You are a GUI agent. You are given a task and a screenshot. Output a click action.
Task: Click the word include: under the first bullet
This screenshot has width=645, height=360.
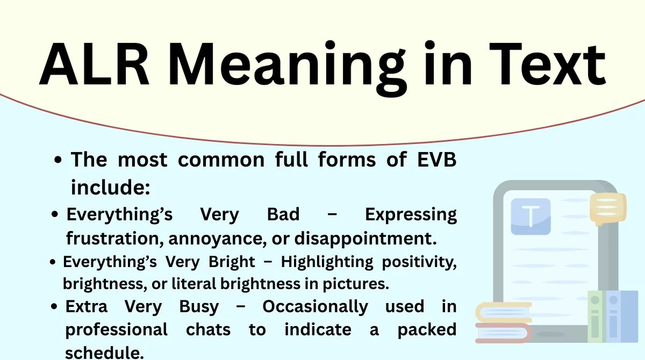tap(110, 188)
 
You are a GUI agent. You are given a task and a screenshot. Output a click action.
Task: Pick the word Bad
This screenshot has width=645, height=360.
tap(283, 214)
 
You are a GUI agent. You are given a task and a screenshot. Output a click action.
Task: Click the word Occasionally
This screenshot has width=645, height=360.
tap(315, 307)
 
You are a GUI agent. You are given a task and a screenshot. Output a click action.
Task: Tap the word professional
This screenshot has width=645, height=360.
tap(117, 329)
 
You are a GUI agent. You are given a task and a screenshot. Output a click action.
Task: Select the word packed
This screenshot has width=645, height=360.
tap(427, 329)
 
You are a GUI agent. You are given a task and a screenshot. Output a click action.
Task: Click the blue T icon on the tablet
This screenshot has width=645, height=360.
tap(531, 217)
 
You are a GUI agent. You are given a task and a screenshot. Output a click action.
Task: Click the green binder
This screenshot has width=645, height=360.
tap(595, 317)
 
